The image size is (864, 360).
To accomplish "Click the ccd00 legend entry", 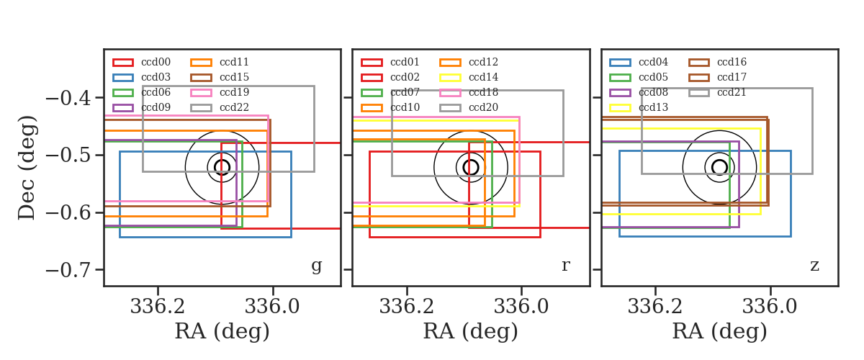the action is (x=142, y=62).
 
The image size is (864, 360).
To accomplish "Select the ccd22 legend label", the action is (x=234, y=107).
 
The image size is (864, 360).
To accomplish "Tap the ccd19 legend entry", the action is (x=220, y=92).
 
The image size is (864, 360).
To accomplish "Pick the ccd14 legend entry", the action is (x=469, y=77).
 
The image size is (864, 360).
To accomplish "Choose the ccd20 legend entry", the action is (x=469, y=107).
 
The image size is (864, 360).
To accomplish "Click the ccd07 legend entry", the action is (x=390, y=92).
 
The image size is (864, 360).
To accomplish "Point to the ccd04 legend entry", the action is (x=639, y=62).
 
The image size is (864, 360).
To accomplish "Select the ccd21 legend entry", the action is (x=717, y=92).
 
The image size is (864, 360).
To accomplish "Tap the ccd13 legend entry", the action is (x=639, y=107).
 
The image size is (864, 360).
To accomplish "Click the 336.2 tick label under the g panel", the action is (x=158, y=307).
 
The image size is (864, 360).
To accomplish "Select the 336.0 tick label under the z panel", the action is (x=770, y=307).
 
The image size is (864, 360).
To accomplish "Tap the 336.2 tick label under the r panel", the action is (x=407, y=307).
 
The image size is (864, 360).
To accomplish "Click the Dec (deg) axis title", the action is (x=27, y=168).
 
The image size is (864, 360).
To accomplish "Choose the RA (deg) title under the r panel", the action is (x=471, y=331).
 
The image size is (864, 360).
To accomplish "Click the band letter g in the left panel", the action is (x=316, y=266).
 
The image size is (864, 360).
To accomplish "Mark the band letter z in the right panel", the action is (x=814, y=266).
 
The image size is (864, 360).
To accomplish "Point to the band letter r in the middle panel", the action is (x=565, y=266).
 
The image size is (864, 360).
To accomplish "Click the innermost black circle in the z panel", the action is (x=719, y=160).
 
